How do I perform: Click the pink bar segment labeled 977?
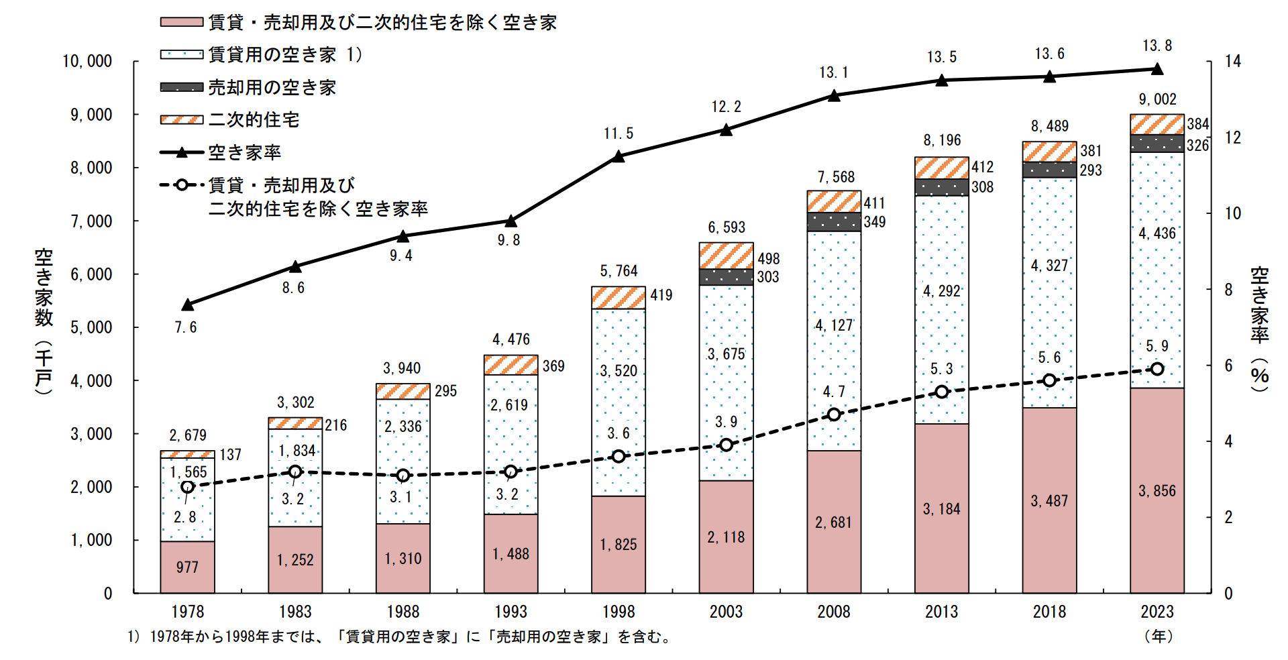(x=187, y=567)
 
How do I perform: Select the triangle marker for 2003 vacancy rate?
(x=726, y=130)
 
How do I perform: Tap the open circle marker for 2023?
(x=1157, y=369)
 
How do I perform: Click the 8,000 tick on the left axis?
(x=92, y=168)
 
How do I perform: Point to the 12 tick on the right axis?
(x=1233, y=137)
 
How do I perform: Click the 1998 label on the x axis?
(x=618, y=612)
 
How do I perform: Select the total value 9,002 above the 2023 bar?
(x=1157, y=99)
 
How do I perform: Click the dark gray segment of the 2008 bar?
(x=833, y=222)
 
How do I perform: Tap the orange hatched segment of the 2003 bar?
(x=726, y=256)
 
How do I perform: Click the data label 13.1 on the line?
(x=833, y=72)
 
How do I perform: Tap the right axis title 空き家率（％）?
(x=1260, y=329)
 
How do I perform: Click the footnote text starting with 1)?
(x=399, y=637)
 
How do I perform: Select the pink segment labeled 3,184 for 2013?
(x=941, y=508)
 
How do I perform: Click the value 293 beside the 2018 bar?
(x=1091, y=170)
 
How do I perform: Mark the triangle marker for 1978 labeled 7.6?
(x=188, y=305)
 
